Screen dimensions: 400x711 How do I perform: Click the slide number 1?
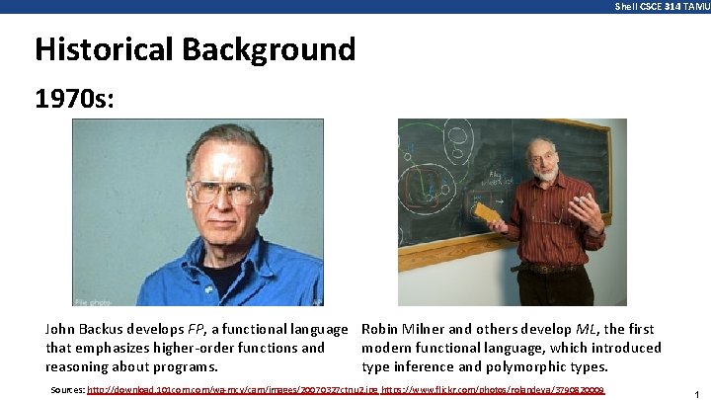tap(696, 394)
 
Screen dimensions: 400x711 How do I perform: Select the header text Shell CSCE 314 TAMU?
tap(662, 6)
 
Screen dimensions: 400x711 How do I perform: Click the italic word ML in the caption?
tap(585, 329)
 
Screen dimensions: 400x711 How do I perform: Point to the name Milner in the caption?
tap(425, 329)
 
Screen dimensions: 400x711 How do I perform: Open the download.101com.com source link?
tap(232, 390)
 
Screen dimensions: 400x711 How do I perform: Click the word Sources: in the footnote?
tap(67, 390)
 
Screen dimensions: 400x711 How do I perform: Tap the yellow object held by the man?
tap(485, 212)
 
